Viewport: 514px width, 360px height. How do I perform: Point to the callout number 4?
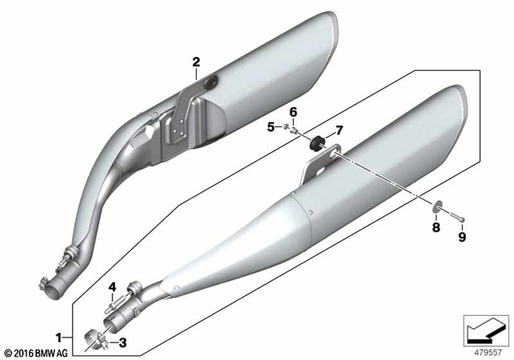(112, 286)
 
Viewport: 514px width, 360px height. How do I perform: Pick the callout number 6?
(293, 111)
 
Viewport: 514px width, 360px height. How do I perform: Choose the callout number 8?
(436, 228)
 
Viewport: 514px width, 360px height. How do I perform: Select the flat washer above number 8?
(439, 211)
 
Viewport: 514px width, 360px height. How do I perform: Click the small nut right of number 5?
(284, 126)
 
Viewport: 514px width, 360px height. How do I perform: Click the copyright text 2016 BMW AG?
(38, 350)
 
